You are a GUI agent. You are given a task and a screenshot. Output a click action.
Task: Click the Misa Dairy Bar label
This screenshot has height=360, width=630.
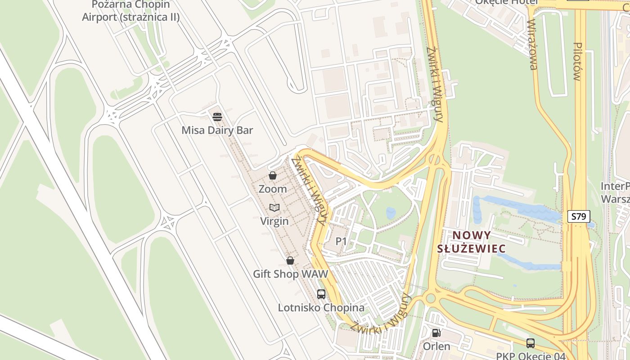point(217,130)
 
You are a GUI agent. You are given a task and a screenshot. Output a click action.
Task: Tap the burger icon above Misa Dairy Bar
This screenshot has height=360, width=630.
point(217,117)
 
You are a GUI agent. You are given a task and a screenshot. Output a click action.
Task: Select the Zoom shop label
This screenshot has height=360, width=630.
point(272,189)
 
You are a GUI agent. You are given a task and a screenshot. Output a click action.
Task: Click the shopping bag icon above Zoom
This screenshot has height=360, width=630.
point(273,175)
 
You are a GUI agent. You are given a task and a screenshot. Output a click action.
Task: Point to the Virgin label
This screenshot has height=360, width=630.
point(274,221)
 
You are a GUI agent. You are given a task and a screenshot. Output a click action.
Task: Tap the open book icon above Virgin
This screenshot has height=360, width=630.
point(274,207)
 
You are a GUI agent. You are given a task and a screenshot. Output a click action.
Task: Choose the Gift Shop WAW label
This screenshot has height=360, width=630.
point(290,274)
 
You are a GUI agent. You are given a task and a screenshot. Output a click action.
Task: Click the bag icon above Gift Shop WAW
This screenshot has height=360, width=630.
point(290,261)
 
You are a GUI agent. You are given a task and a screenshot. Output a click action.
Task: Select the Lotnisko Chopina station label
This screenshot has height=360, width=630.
point(321,308)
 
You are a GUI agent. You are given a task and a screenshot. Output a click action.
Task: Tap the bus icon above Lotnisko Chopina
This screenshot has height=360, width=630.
point(321,294)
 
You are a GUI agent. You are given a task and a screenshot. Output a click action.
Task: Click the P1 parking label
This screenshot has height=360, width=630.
point(342,242)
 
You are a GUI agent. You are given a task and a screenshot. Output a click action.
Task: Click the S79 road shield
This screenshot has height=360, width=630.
point(578,216)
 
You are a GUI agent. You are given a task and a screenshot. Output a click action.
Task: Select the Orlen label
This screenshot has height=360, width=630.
point(436,346)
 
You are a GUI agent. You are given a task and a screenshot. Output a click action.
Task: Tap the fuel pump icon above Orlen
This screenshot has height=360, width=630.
point(436,333)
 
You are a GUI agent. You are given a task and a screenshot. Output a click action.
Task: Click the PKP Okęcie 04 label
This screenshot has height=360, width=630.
point(531,356)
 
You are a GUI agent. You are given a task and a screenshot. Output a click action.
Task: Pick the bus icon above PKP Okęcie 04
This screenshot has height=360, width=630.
point(531,343)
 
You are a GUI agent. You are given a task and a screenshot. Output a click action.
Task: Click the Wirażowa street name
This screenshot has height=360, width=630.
point(533,45)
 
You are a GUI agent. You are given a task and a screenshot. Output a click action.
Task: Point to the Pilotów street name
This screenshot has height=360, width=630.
point(578,61)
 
